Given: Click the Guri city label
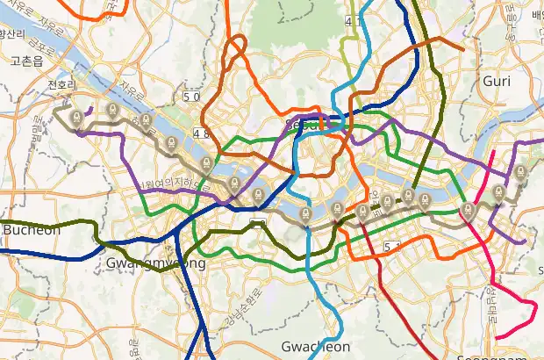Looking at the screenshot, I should [x=497, y=82].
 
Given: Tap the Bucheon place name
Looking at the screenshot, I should [x=31, y=230].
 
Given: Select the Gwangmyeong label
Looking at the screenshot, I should [x=155, y=263].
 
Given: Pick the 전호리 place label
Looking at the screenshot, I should [x=62, y=86].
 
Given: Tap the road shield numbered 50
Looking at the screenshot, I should [x=191, y=96].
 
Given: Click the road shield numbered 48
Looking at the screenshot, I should [x=202, y=133].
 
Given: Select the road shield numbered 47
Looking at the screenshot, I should [x=354, y=19].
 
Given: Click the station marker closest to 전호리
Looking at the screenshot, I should [x=77, y=115].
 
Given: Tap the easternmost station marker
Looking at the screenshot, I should [x=520, y=172].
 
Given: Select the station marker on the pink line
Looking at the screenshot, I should [x=469, y=210].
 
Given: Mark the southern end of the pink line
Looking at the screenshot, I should [x=497, y=336].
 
